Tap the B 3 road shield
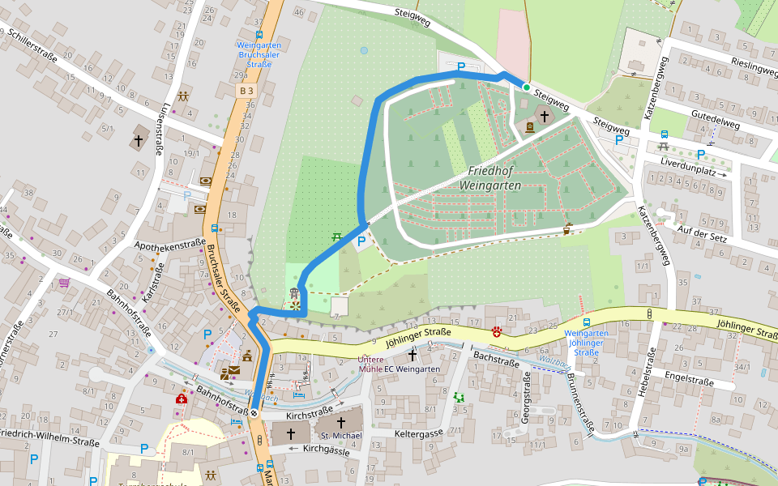point(247,92)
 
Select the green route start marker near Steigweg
point(526,87)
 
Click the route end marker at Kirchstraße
point(254,413)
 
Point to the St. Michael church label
point(340,436)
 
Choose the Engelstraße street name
point(688,380)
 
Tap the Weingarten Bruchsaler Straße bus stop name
point(259,54)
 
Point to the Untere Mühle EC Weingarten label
point(399,364)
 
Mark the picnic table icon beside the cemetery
point(336,237)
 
